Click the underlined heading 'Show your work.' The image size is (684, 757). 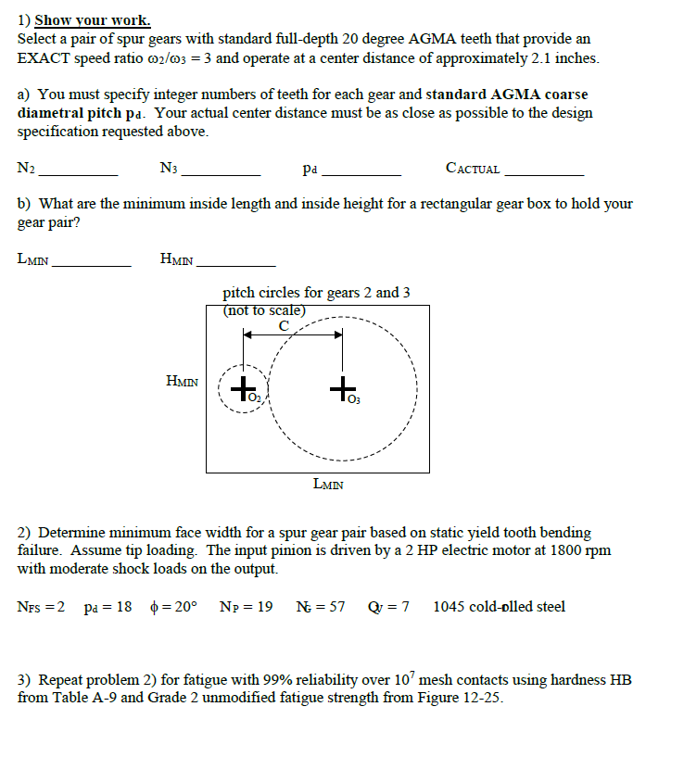click(x=93, y=20)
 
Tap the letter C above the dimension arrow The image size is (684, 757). click(x=284, y=325)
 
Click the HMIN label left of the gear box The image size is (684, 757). click(x=182, y=381)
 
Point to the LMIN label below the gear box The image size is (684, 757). click(x=329, y=483)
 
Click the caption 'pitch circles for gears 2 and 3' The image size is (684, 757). click(x=316, y=293)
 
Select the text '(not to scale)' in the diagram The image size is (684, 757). click(x=263, y=310)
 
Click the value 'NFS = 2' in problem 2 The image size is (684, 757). click(x=42, y=607)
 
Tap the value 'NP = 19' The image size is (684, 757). click(x=246, y=607)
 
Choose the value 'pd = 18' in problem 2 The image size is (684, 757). click(x=108, y=607)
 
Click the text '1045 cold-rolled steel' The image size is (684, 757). click(x=499, y=607)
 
